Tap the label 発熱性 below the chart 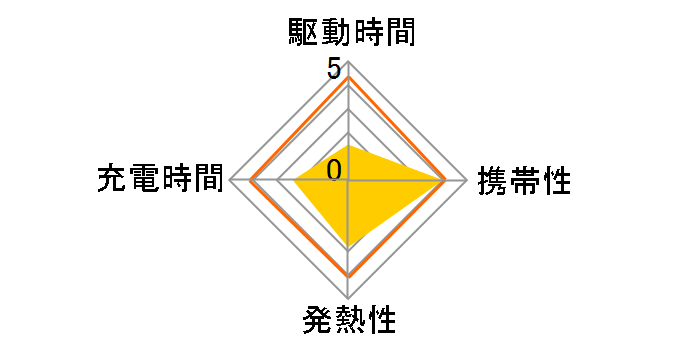[x=348, y=322]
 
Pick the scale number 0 [x=334, y=170]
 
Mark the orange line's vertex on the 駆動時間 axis [x=348, y=77]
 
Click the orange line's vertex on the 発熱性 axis [x=348, y=276]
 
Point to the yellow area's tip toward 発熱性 [x=348, y=248]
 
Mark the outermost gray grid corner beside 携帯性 [x=466, y=181]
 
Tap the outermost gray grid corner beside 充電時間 [x=231, y=181]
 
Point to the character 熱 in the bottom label [x=348, y=322]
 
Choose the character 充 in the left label [x=111, y=179]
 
